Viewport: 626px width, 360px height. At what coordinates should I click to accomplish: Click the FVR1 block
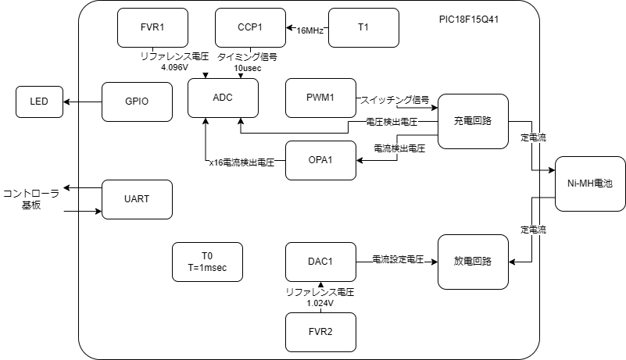tap(152, 27)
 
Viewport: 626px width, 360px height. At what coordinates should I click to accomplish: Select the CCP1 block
tap(249, 27)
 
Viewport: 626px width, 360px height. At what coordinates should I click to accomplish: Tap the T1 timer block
tap(363, 27)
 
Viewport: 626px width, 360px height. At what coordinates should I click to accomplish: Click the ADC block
tap(223, 97)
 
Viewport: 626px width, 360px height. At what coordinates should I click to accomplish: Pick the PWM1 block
tap(320, 98)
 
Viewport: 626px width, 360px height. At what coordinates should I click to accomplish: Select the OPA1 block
tap(320, 160)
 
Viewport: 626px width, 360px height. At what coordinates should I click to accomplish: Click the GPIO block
tap(137, 102)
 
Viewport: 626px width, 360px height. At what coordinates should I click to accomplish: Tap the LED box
tap(39, 102)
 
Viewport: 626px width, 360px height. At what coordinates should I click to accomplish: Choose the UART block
tap(137, 199)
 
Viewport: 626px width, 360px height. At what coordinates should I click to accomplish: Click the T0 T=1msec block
tap(206, 262)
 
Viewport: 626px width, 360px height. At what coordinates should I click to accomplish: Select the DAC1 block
tap(320, 262)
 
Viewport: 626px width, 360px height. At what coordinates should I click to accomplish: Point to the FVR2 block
tap(320, 332)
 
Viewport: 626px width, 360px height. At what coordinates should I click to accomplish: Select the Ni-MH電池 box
tap(590, 184)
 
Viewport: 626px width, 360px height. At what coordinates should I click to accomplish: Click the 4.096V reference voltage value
tap(176, 67)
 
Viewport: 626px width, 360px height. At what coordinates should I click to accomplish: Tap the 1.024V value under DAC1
tap(320, 302)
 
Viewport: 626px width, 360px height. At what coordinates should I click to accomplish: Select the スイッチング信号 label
tap(395, 100)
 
